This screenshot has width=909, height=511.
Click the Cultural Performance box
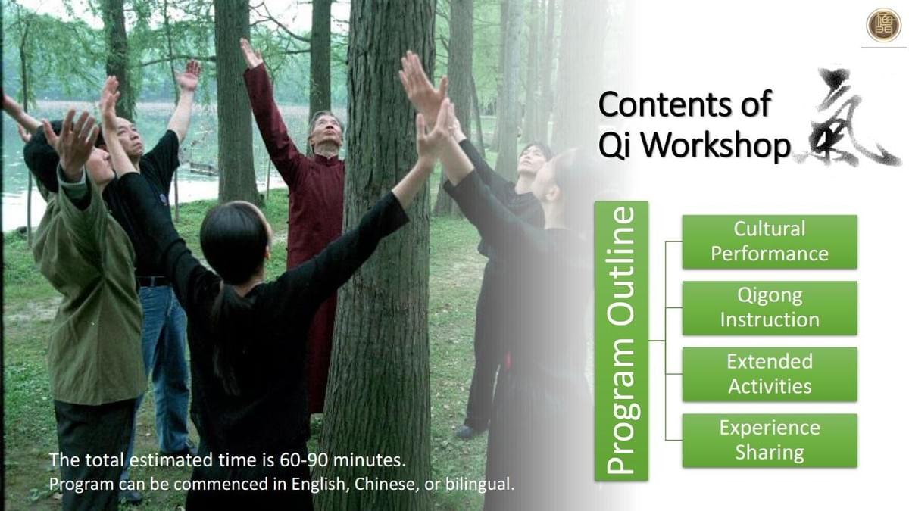[x=770, y=241]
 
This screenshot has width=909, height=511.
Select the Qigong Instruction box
[x=770, y=308]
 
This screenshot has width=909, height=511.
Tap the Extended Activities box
[x=770, y=374]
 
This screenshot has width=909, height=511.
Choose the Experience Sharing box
[x=770, y=441]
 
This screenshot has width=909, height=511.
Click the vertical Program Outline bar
[x=621, y=341]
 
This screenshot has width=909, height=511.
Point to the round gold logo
[x=883, y=25]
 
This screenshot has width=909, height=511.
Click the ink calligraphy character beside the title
[x=848, y=117]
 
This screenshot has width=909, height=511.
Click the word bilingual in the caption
[x=479, y=485]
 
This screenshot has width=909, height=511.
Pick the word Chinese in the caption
[x=387, y=485]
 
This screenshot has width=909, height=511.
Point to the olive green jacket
[x=89, y=292]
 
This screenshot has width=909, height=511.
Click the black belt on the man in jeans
[x=153, y=281]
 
